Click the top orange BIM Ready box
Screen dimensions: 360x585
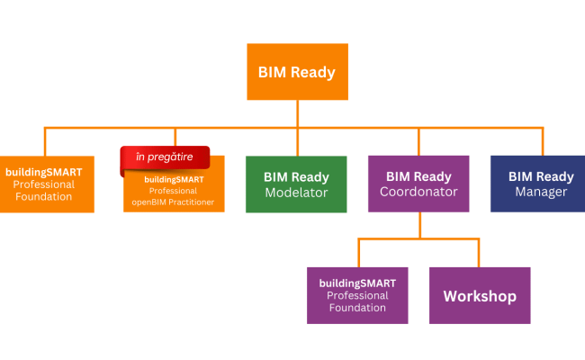(x=297, y=72)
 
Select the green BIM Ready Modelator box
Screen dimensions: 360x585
(x=296, y=184)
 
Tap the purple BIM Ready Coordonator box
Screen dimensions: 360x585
(x=419, y=184)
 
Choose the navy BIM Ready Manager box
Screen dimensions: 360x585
(x=542, y=184)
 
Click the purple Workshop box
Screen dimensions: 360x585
(x=480, y=295)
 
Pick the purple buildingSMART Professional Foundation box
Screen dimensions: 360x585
(x=357, y=295)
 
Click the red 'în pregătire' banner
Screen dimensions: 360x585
(x=166, y=157)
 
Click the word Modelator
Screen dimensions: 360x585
(x=296, y=193)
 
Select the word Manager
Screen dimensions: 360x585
(x=541, y=192)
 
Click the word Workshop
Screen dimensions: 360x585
(x=480, y=295)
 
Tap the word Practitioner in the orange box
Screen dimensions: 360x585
(x=192, y=202)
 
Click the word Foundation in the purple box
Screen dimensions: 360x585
(x=357, y=308)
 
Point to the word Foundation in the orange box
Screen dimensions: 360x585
(x=43, y=196)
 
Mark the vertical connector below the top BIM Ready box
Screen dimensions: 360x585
(x=297, y=113)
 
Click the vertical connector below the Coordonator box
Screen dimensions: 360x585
(x=419, y=225)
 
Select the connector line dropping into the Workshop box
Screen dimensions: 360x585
(x=480, y=253)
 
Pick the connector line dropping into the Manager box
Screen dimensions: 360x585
(x=542, y=141)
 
